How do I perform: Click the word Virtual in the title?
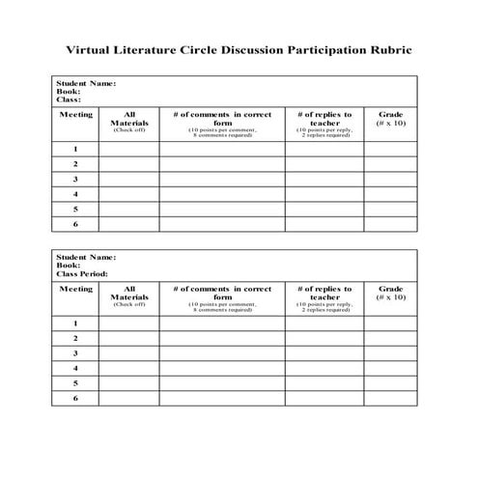[93, 48]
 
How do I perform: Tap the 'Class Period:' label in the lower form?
[82, 274]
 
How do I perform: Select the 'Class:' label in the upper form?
[69, 99]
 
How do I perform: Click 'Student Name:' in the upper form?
[86, 83]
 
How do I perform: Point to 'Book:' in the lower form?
[68, 266]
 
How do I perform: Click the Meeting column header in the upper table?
[75, 115]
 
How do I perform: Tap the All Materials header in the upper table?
[129, 120]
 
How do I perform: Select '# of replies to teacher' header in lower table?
[324, 294]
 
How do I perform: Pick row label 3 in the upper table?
[75, 180]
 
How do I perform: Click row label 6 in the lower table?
[75, 398]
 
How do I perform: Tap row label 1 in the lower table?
[75, 323]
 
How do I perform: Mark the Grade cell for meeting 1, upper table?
[391, 150]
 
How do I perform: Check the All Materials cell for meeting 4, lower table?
[129, 368]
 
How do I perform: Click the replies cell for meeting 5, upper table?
[324, 210]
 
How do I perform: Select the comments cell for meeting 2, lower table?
[222, 338]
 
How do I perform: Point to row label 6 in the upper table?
[75, 224]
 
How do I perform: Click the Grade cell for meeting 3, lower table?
[391, 352]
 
